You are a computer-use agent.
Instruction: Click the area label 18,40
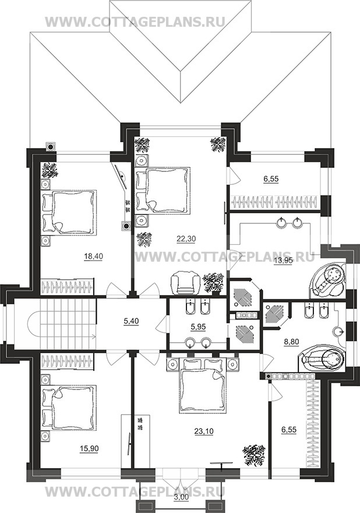point(94,257)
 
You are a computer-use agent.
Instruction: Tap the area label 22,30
point(186,239)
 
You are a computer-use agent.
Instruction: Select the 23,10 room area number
point(204,431)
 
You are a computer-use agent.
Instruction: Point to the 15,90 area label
point(89,448)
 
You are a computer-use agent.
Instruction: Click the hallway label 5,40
point(132,321)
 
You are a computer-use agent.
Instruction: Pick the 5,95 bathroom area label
point(199,327)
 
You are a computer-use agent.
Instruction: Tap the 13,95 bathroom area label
point(283,261)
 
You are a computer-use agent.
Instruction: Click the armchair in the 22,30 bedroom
point(185,282)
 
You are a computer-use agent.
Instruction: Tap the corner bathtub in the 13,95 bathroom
point(329,281)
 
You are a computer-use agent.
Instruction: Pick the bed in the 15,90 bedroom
point(69,407)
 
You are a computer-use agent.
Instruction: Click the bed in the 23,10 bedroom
point(203,386)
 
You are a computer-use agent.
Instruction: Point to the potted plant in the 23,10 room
point(253,455)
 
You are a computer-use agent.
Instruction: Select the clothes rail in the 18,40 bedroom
point(68,287)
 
